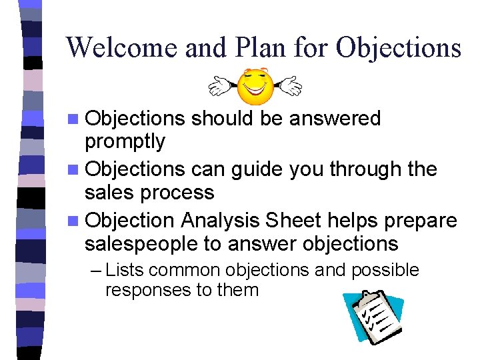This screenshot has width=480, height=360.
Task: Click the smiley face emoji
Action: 255,86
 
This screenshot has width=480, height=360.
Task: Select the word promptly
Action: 125,141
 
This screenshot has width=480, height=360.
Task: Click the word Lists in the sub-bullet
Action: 123,270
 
